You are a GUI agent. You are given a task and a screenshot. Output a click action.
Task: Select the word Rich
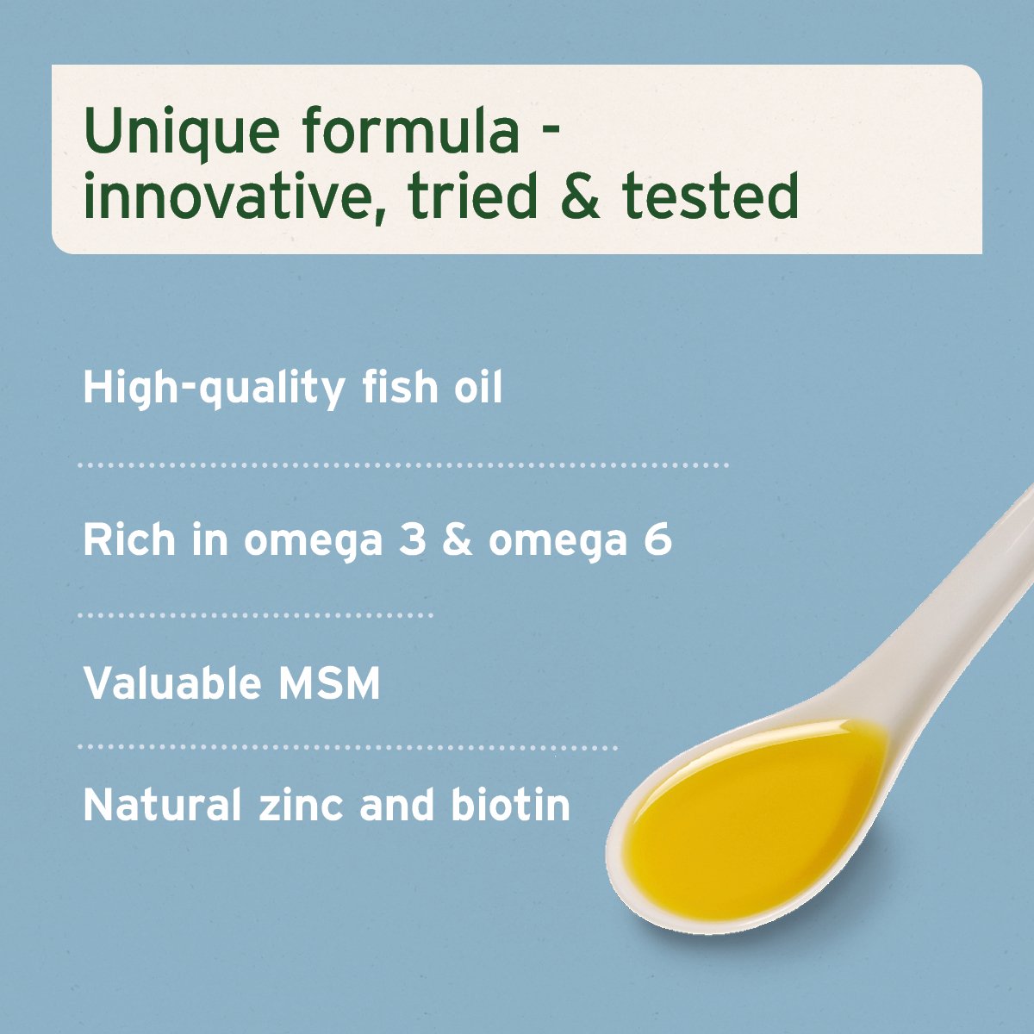[x=129, y=540]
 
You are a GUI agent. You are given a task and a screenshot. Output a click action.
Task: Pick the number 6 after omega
[x=658, y=541]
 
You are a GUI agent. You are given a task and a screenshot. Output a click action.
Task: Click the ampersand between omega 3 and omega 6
[x=457, y=541]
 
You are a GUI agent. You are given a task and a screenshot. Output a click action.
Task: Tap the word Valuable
[x=172, y=683]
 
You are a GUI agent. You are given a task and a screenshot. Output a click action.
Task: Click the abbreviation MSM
[x=329, y=683]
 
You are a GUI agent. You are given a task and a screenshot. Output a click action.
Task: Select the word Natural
[x=162, y=806]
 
